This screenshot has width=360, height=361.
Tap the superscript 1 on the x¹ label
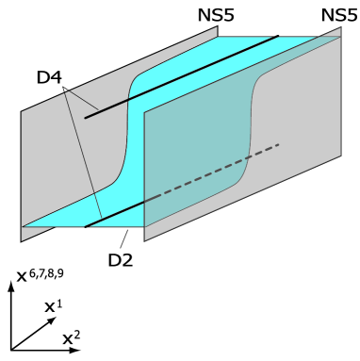[61, 304]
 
